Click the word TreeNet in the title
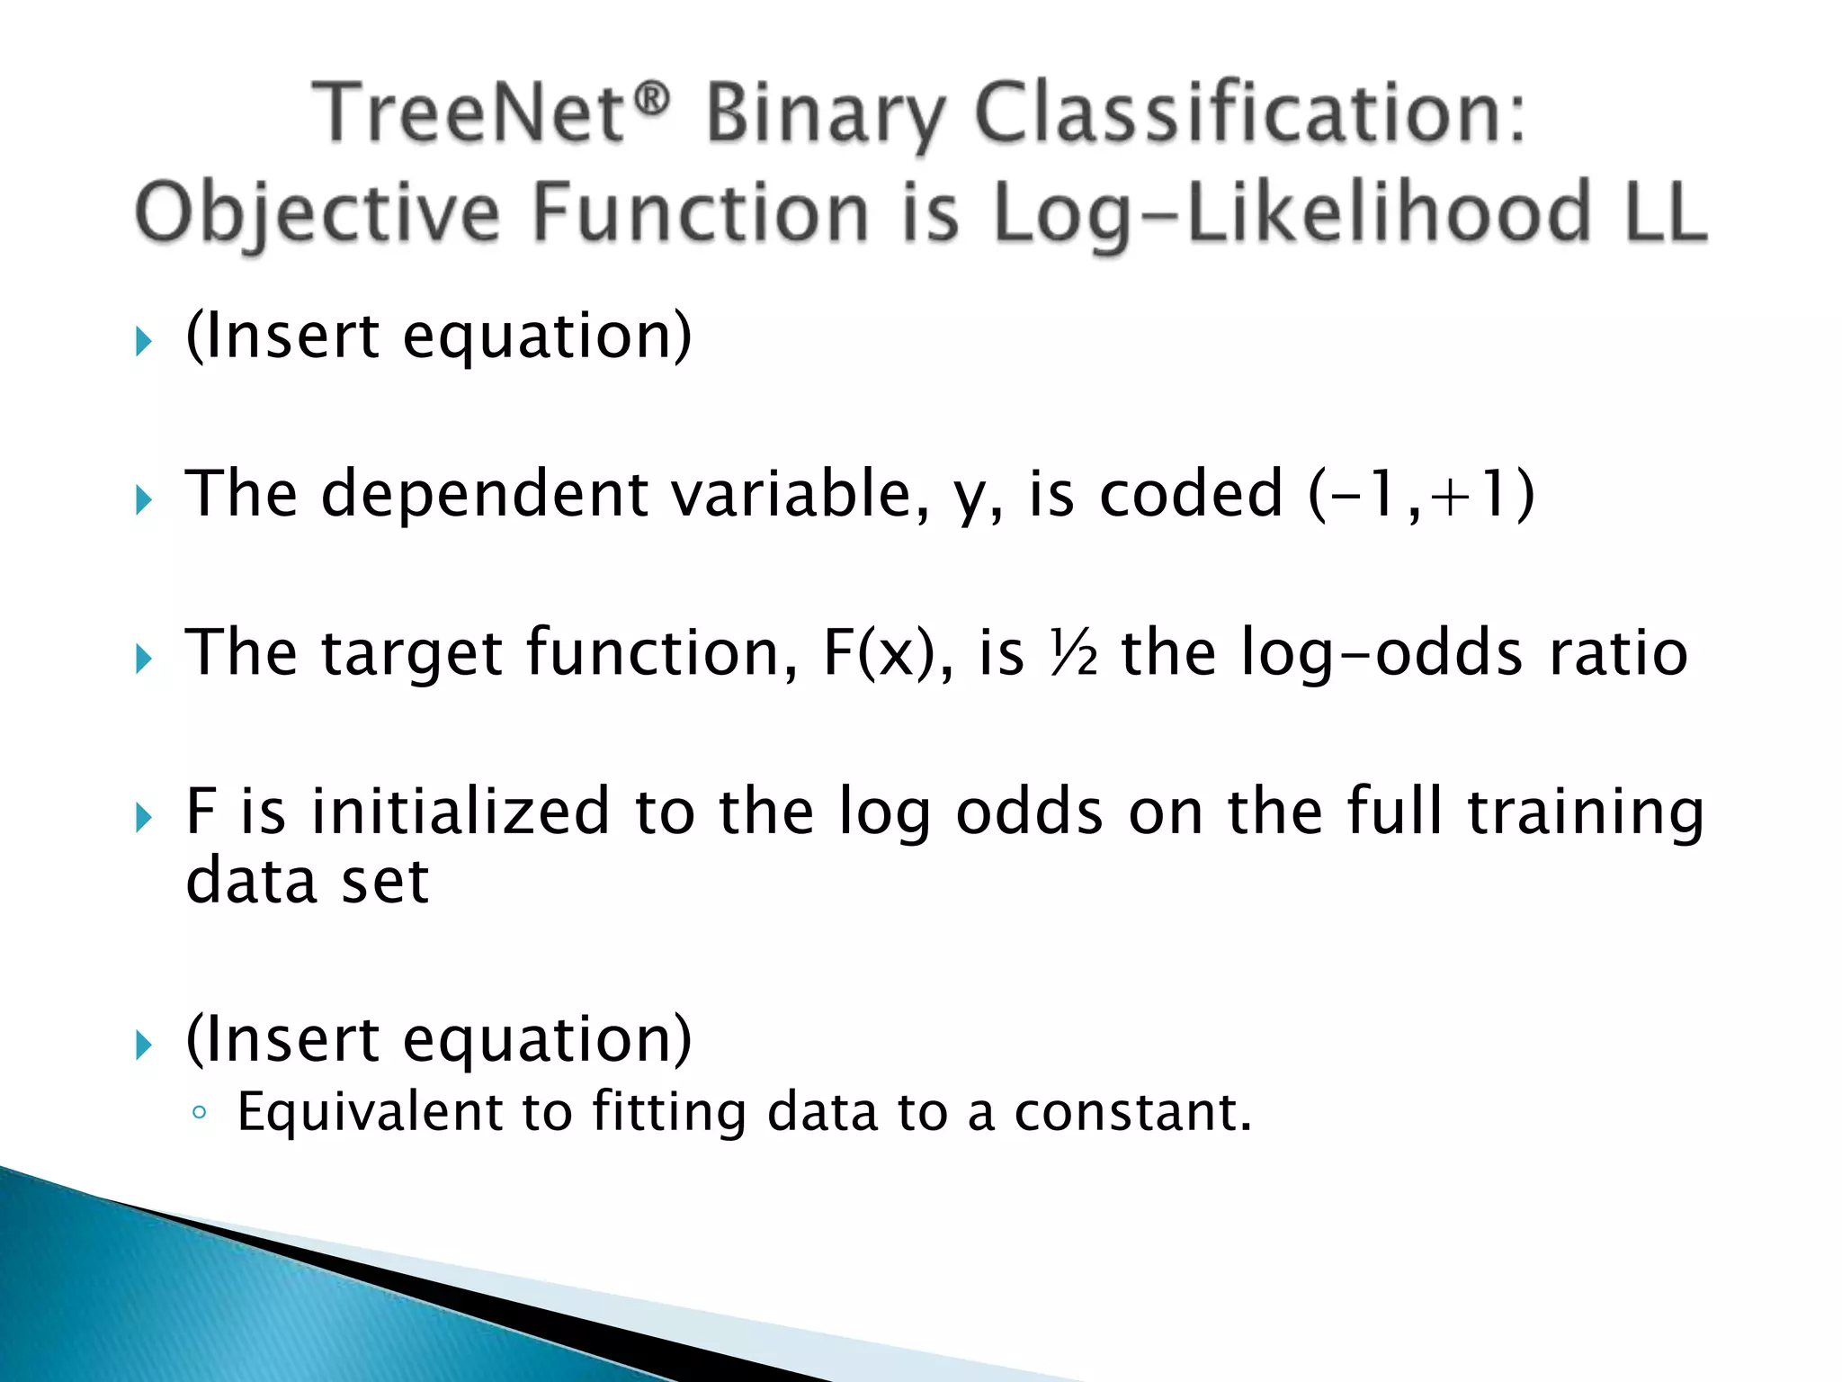[468, 114]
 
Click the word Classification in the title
[1250, 114]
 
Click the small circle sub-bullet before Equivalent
[200, 1114]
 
